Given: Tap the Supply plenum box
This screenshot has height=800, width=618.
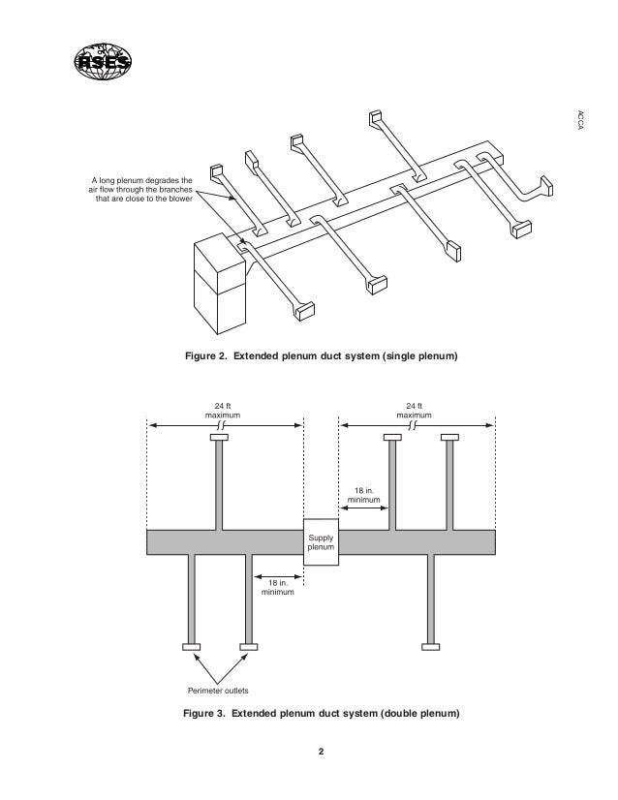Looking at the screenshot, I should pos(321,542).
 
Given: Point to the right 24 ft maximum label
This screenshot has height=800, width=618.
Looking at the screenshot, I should pos(416,410).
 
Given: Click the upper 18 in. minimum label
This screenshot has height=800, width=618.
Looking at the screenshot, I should pos(363,496).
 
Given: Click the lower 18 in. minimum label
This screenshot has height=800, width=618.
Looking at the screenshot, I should pos(276,587).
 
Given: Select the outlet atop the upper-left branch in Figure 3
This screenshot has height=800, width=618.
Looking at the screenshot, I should pos(219,439).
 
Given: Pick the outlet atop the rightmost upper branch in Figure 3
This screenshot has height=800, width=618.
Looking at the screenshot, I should pos(449,439).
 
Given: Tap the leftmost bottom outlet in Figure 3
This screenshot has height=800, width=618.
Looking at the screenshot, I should pos(191,646).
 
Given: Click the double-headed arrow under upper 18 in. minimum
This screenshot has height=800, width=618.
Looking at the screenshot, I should pos(363,513).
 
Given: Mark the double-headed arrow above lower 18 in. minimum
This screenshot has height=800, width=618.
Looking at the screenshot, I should pos(277,572).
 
